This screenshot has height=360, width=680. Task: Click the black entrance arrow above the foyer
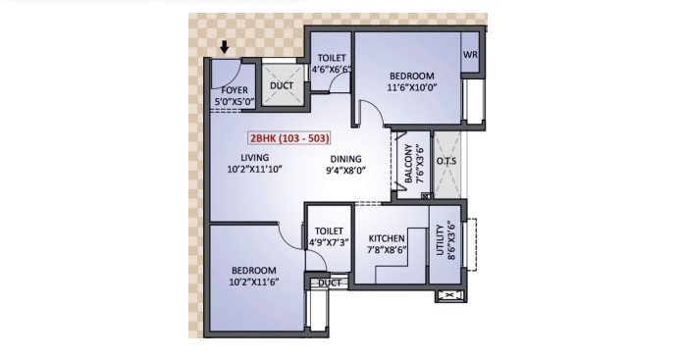pos(224,47)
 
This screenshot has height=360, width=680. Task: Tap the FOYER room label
pos(235,90)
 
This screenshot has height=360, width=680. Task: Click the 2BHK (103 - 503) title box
pos(289,138)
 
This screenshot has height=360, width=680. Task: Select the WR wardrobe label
pos(470,55)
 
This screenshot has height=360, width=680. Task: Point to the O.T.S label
pos(446,161)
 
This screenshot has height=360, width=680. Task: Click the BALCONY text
pos(408,164)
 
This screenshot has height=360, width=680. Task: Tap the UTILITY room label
pos(441,239)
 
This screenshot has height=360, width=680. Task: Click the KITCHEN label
pos(387,238)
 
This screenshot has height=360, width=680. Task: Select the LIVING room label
pos(255,158)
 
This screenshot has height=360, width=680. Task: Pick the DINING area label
pos(345,159)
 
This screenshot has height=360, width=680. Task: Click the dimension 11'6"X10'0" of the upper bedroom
pos(411,87)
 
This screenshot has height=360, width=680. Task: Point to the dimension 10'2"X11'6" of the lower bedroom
pos(254,282)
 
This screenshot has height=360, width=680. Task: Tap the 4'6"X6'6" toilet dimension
pos(332,69)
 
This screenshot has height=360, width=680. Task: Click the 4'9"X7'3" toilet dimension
pos(329,242)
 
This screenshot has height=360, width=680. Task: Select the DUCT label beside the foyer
pos(282,86)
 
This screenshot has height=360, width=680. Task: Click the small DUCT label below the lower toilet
pos(330,283)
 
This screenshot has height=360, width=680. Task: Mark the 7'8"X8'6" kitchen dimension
pos(388,250)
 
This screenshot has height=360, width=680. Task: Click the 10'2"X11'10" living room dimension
pos(254,169)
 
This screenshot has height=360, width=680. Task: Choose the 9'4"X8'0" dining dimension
pos(346,171)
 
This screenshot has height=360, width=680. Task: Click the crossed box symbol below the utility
pos(449,296)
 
